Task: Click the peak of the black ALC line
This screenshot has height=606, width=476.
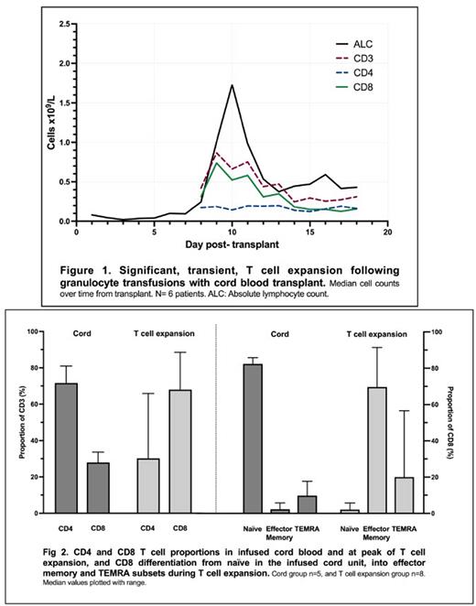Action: pos(233,85)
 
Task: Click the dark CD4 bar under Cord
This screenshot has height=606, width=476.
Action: pos(65,448)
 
